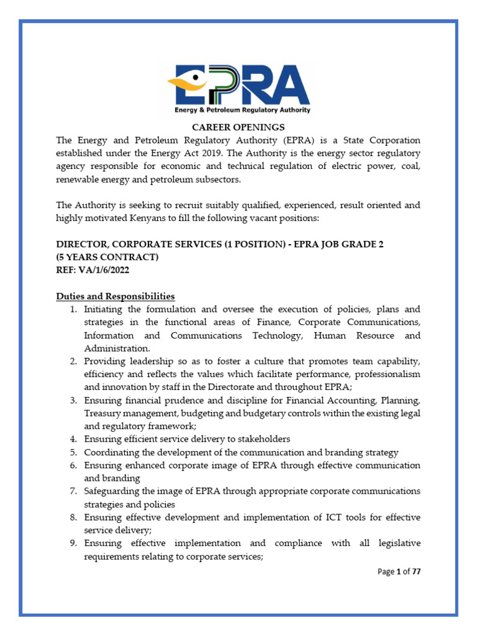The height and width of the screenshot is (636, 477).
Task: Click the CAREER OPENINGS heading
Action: (238, 127)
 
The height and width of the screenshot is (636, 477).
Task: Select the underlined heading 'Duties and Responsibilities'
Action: (116, 296)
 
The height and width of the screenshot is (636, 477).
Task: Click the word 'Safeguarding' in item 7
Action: (113, 491)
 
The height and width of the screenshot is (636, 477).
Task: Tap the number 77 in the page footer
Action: (416, 571)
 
